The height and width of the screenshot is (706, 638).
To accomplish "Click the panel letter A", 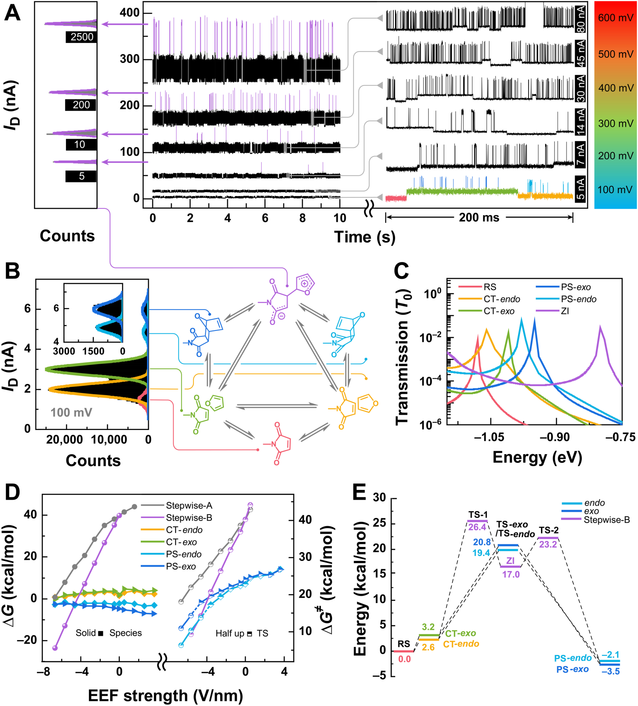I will tap(12, 13).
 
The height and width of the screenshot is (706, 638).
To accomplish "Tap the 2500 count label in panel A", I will tap(82, 37).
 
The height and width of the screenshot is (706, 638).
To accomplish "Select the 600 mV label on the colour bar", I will tap(615, 18).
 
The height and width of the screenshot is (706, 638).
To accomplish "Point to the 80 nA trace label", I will tap(580, 20).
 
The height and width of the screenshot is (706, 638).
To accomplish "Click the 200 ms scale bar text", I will tap(479, 218).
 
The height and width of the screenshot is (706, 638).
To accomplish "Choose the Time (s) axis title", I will tap(365, 237).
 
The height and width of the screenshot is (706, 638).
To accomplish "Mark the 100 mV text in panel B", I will tap(71, 413).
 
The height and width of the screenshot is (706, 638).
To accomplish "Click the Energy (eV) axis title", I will tap(537, 458).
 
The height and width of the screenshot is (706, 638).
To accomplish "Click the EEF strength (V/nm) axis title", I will tap(165, 696).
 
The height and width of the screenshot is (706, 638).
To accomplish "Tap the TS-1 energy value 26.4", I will tap(477, 527).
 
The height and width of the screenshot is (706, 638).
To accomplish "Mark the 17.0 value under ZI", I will tap(511, 575).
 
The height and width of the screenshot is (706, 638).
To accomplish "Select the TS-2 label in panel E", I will tap(549, 530).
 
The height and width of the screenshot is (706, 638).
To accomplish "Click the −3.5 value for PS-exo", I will tap(610, 672).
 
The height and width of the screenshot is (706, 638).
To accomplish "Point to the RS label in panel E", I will tap(404, 644).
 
